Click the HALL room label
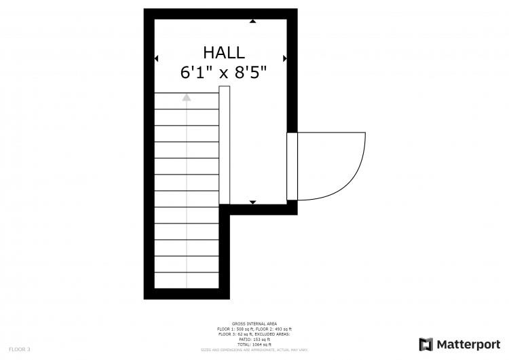coord(223,52)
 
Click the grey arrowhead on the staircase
coord(187,98)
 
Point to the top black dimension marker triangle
coord(253,22)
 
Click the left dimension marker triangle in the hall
coord(157,58)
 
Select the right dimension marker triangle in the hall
coord(284,58)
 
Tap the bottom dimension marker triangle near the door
coord(253,202)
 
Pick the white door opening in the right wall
coord(292,166)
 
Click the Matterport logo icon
coord(426,344)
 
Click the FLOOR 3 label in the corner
coord(19,349)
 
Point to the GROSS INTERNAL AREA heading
coord(254,324)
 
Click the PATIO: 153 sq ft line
coord(254,340)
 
